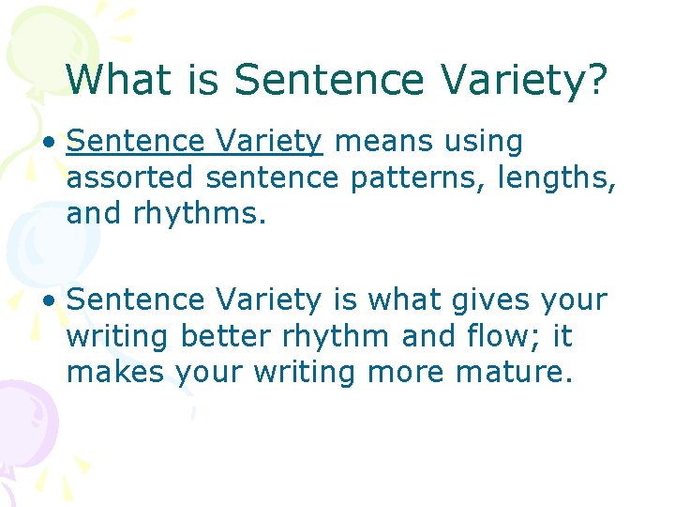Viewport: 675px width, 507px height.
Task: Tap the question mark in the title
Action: [x=596, y=80]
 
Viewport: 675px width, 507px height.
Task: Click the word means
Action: [x=380, y=142]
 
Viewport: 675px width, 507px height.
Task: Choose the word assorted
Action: [x=130, y=178]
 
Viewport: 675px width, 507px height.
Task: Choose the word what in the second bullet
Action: [x=398, y=300]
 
